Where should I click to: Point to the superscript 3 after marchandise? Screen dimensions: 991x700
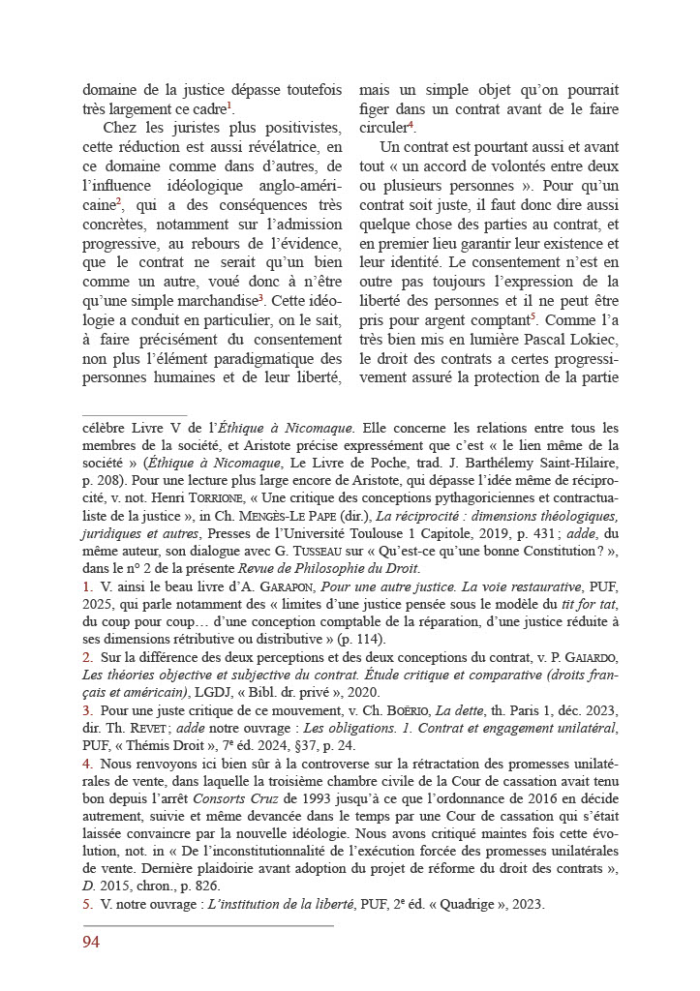pyautogui.click(x=261, y=298)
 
